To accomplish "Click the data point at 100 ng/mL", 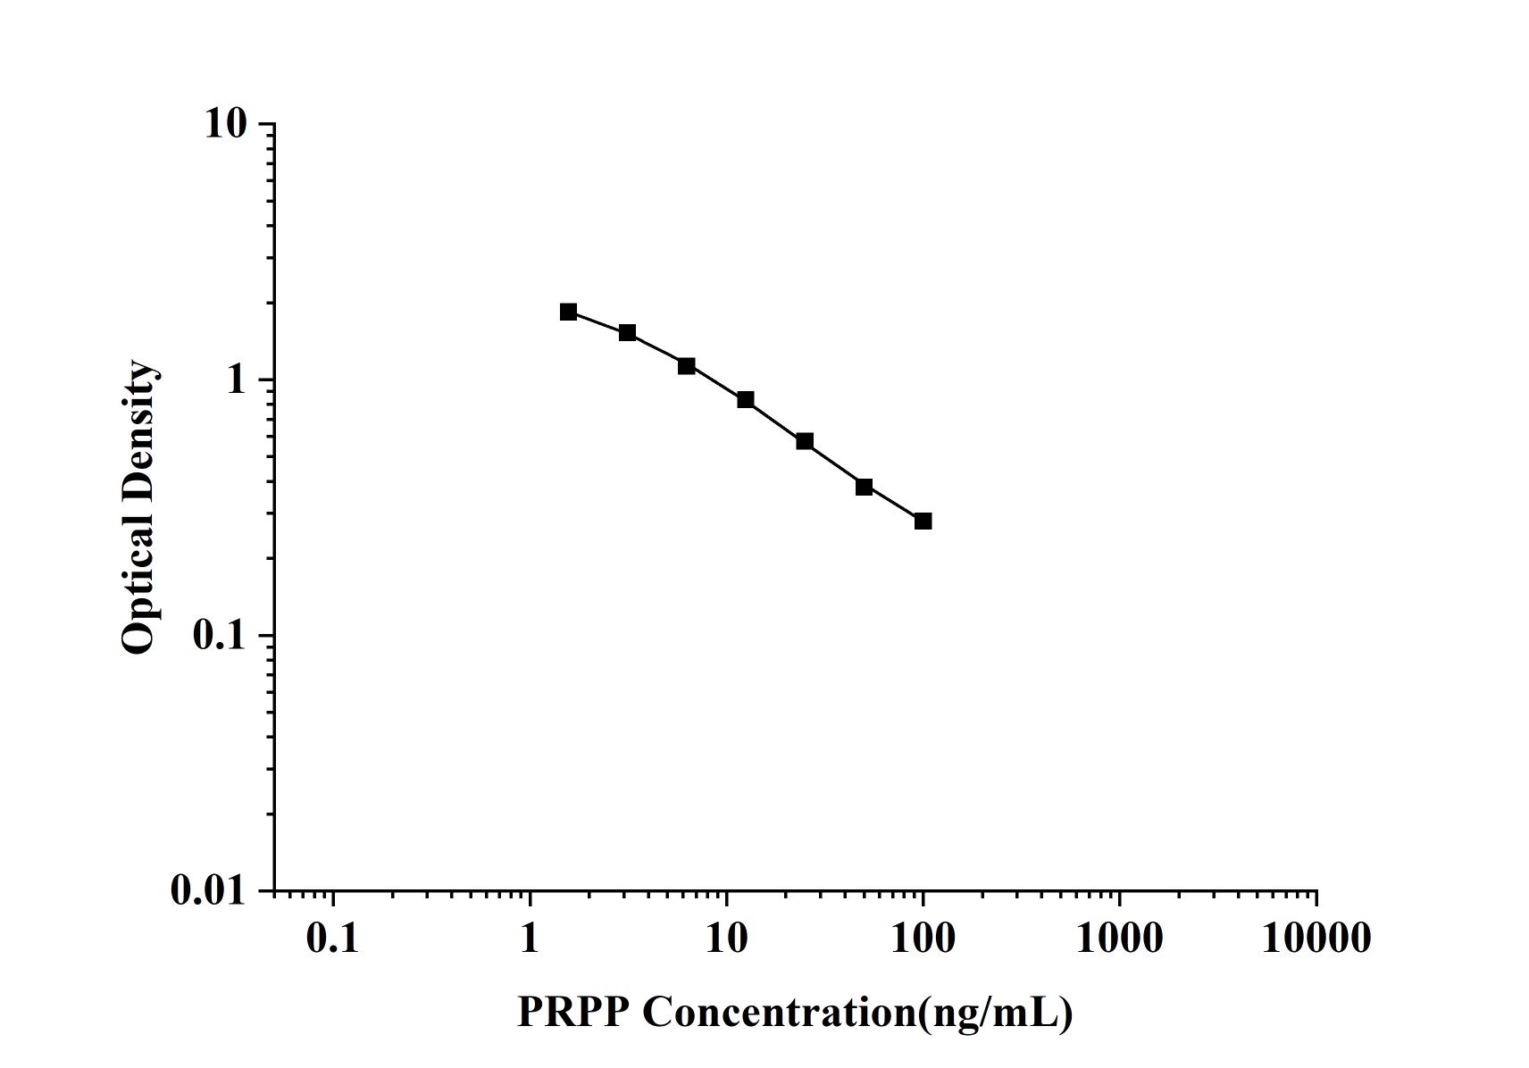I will tap(923, 521).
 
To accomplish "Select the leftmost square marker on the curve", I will tap(569, 312).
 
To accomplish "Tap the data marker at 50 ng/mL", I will tap(864, 487).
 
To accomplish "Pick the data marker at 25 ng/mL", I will tap(805, 441).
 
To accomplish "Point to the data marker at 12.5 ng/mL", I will tap(746, 399).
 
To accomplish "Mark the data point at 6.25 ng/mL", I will tap(686, 366).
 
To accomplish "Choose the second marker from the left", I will tap(628, 333).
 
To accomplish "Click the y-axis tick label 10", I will tap(224, 124).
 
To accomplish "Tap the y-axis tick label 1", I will tap(236, 380).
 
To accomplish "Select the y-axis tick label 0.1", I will tap(219, 636).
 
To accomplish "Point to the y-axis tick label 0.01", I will tap(208, 891).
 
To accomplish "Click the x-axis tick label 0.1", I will tap(332, 939).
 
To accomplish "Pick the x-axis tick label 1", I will tap(530, 939).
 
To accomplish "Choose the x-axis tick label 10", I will tap(726, 939).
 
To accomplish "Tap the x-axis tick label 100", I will tap(923, 939).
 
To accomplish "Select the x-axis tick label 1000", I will tap(1119, 939).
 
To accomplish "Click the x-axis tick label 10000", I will tap(1316, 939).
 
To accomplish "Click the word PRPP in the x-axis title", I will tap(572, 1013).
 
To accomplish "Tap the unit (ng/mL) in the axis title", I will tap(996, 1013).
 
